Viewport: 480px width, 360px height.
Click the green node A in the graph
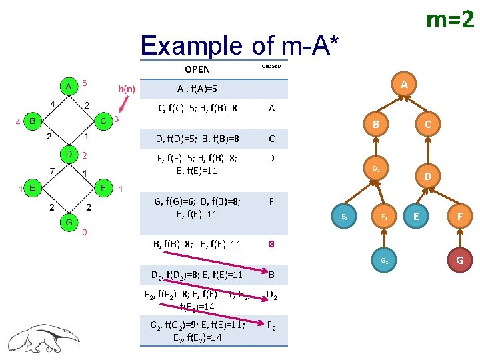[x=68, y=86]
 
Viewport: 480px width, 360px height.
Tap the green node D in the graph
[x=68, y=155]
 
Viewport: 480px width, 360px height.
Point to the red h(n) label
[x=127, y=89]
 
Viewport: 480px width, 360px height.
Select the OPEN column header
[x=197, y=69]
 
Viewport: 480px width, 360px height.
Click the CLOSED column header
[x=271, y=66]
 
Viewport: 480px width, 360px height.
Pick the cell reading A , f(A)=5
[x=197, y=89]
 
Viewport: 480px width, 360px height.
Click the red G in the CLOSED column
[x=271, y=244]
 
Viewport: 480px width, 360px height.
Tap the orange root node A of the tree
[x=404, y=85]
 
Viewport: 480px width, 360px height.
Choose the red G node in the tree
[x=460, y=259]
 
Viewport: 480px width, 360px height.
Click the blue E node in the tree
[x=417, y=215]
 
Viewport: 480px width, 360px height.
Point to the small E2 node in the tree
[x=344, y=216]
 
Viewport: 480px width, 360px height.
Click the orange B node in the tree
[x=376, y=124]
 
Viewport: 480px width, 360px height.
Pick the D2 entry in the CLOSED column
[x=271, y=295]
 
